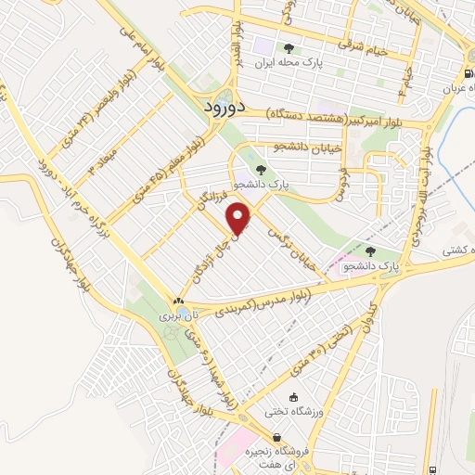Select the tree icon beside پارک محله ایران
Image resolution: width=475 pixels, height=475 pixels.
(x=289, y=48)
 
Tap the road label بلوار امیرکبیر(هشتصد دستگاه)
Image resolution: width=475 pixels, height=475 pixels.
(x=334, y=115)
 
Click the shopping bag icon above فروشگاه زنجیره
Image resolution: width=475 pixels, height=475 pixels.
(x=276, y=438)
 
